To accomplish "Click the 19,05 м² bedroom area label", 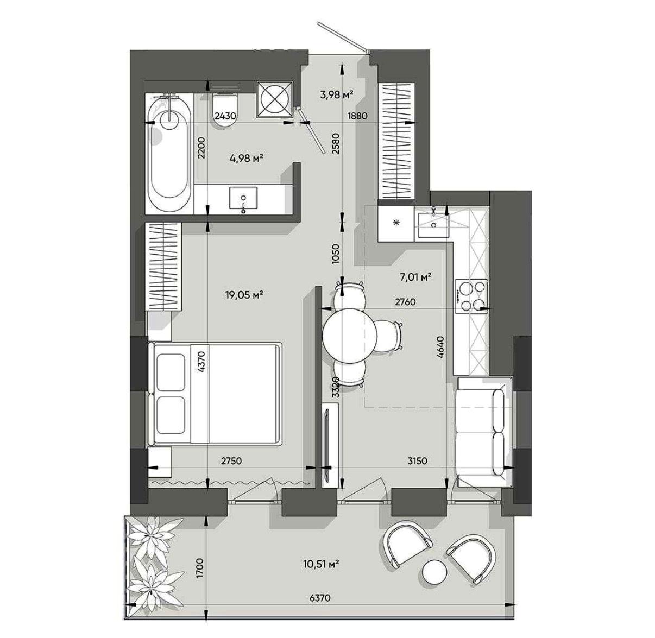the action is [x=243, y=295].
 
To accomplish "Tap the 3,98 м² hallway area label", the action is [x=336, y=95].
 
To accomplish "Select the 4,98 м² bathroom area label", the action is [x=246, y=157].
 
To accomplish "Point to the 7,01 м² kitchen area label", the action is [x=414, y=277].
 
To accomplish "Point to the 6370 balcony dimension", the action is [x=320, y=598].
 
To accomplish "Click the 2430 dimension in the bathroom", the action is [x=225, y=116].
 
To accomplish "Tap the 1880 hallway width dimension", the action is [x=357, y=116].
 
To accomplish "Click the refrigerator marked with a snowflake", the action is [x=395, y=223].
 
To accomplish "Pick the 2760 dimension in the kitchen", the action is [x=405, y=302].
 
